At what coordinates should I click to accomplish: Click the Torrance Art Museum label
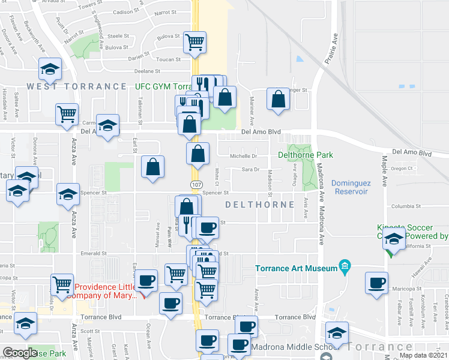[x=297, y=268]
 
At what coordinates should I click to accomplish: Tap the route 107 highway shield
[x=196, y=183]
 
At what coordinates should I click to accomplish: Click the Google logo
[x=20, y=353]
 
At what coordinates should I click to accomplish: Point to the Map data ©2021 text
[x=423, y=355]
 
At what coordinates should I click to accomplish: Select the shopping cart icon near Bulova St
[x=195, y=43]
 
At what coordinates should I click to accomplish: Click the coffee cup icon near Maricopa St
[x=376, y=283]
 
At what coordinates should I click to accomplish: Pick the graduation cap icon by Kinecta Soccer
[x=394, y=239]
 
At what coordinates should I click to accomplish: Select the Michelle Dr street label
[x=244, y=156]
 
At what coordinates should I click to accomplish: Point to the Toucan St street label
[x=168, y=60]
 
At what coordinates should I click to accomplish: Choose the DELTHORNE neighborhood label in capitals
[x=260, y=205]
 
